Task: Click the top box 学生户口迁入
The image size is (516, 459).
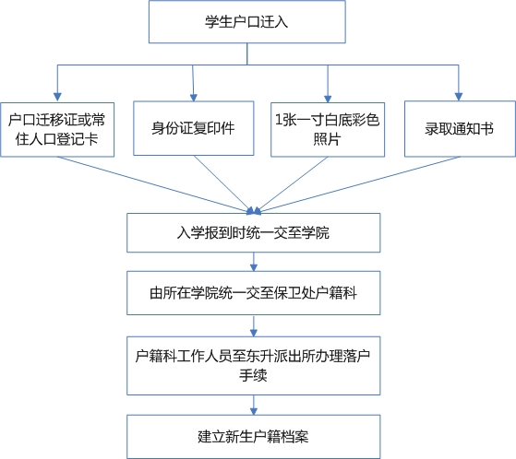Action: coord(247,22)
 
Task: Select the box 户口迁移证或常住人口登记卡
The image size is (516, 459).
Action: coord(57,129)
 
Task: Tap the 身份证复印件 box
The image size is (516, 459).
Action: coord(194,128)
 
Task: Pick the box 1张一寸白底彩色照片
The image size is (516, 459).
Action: coord(328,129)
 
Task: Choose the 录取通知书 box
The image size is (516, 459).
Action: coord(460,129)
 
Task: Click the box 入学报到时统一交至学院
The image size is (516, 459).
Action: coord(254,232)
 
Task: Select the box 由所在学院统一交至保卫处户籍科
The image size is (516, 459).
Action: coord(254,293)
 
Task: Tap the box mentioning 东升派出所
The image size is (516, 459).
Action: coord(254,365)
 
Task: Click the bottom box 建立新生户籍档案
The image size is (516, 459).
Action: coord(254,436)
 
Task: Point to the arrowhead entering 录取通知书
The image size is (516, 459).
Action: coord(459,97)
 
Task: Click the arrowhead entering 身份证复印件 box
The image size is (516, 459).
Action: coord(194,98)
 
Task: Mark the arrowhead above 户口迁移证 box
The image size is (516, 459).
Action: coord(57,97)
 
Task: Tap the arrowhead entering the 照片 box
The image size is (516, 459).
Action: coord(328,99)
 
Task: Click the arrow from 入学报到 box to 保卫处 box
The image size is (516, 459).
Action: coord(254,262)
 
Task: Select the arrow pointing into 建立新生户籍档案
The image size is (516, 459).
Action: coord(254,406)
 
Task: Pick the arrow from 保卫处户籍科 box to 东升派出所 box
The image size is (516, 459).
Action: coord(254,326)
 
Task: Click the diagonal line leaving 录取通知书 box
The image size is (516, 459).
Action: coord(357,185)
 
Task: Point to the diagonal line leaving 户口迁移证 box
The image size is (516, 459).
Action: coord(155,184)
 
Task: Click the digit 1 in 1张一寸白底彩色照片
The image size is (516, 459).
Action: coord(279,120)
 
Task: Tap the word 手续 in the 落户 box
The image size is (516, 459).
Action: coord(253,376)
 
